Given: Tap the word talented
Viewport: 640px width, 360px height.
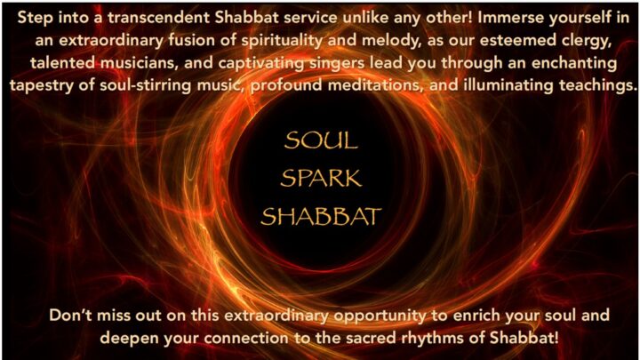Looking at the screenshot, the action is [62, 63].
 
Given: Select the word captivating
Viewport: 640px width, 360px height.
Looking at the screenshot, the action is [261, 64].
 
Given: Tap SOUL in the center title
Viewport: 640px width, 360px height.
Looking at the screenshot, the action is [321, 140].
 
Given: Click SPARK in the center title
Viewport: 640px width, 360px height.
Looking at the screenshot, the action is [321, 179].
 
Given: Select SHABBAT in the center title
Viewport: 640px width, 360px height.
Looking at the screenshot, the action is [321, 216].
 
